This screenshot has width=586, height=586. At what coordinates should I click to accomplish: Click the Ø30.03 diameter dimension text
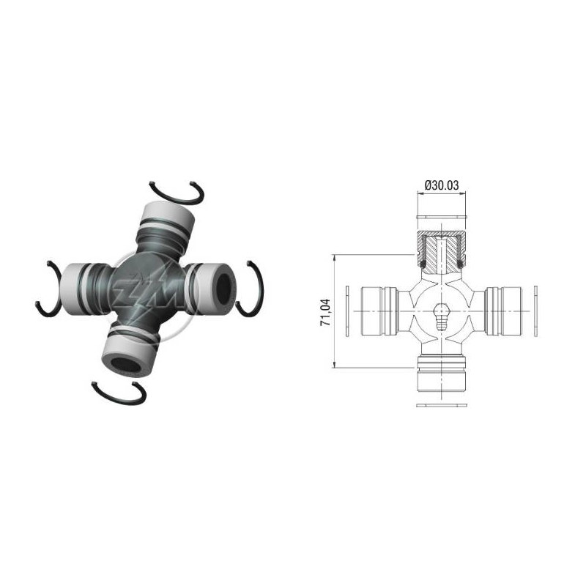[x=442, y=185]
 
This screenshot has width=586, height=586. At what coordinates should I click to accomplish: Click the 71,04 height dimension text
[x=325, y=312]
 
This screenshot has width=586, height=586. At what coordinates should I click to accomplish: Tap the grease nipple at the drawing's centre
[x=442, y=316]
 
